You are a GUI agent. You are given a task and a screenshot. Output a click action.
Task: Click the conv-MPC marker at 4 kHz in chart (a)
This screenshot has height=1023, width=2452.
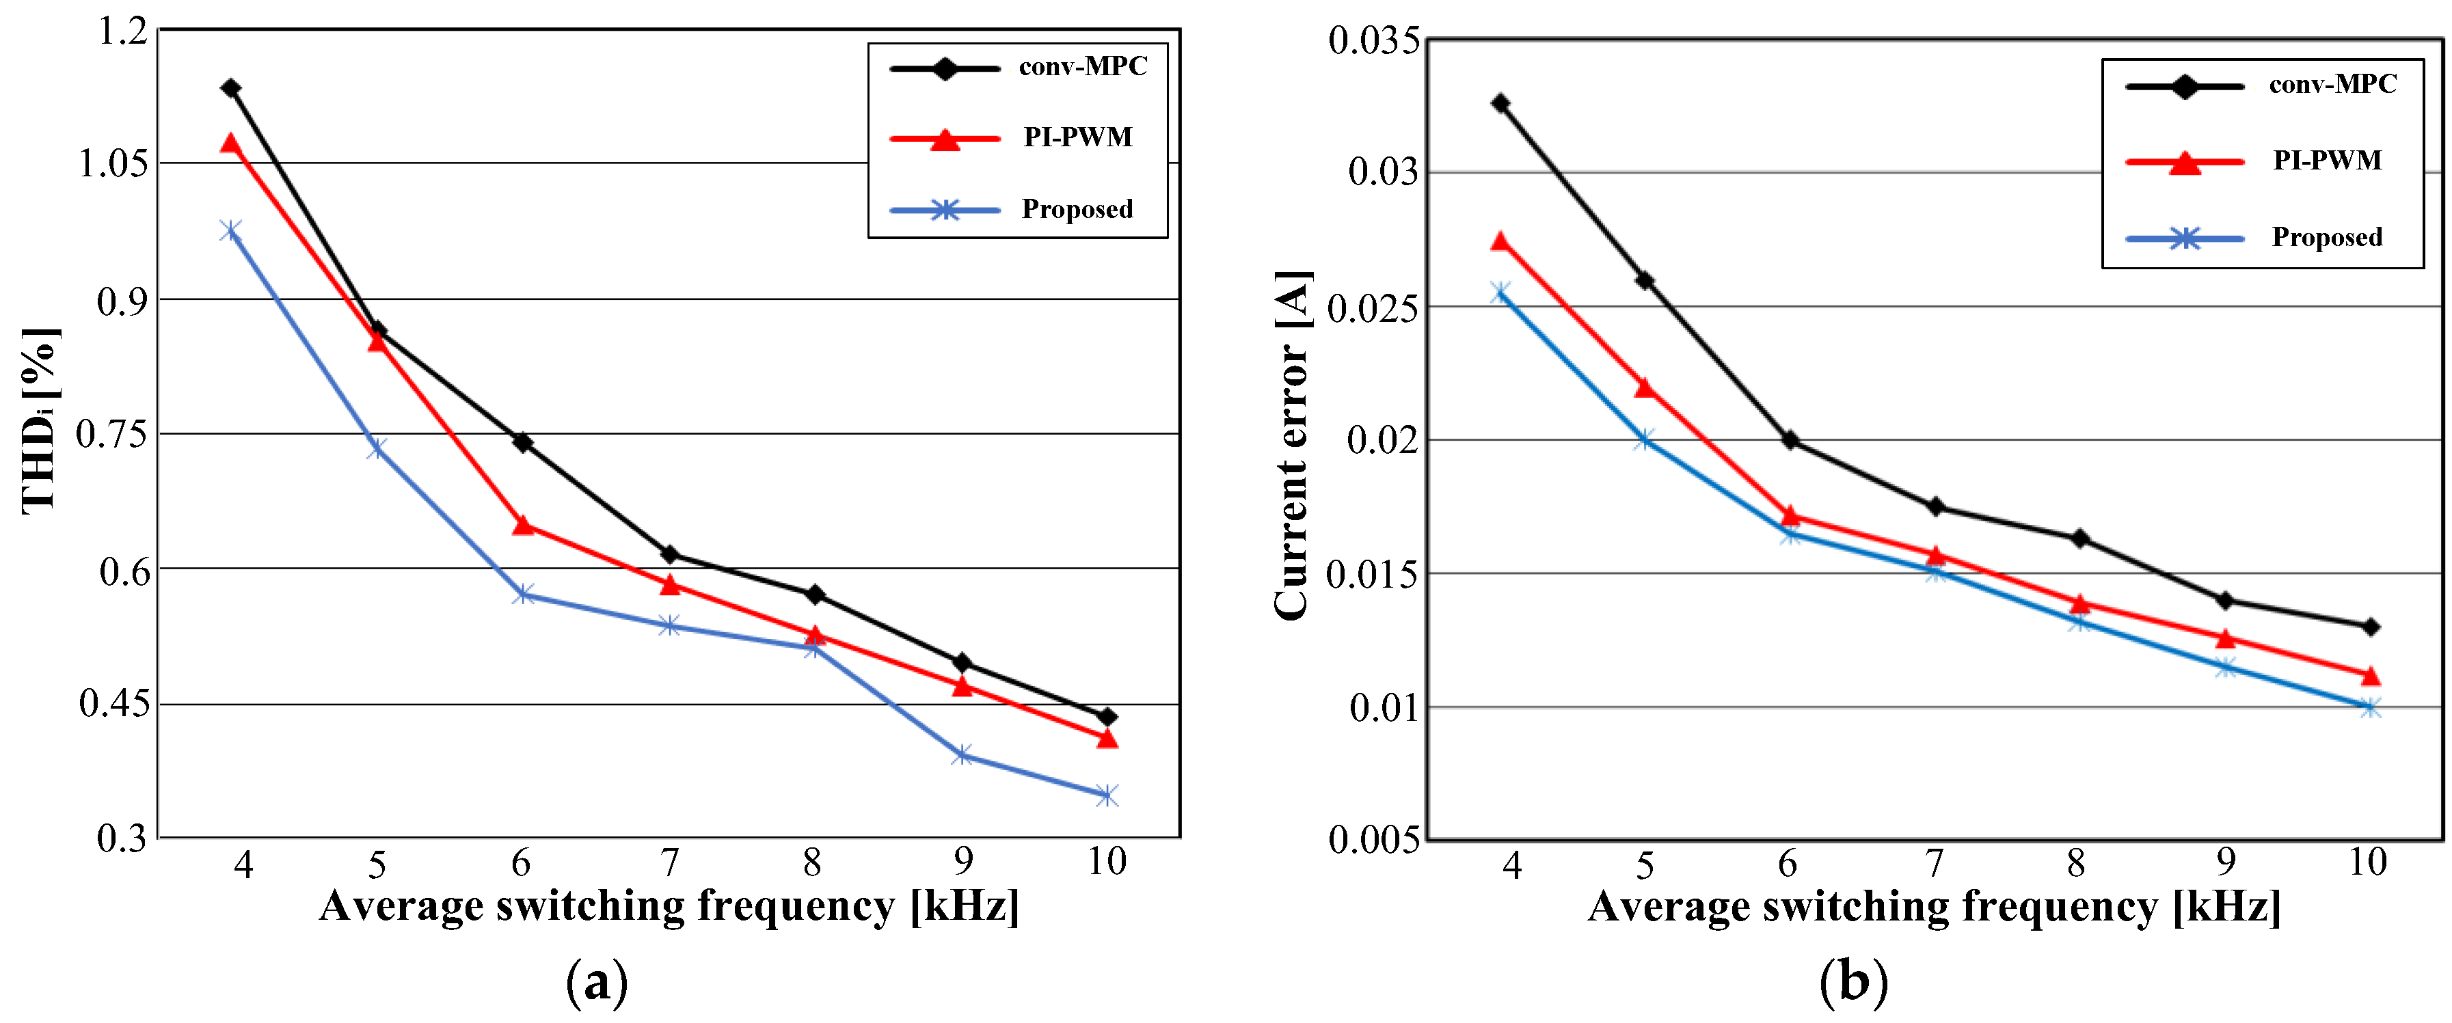(230, 89)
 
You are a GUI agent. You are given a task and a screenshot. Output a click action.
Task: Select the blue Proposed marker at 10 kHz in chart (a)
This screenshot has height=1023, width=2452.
(1106, 795)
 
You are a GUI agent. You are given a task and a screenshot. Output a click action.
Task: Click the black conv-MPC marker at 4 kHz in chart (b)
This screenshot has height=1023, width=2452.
(1501, 103)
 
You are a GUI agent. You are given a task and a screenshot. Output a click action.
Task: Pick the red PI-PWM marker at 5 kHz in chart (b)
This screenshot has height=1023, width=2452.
(1645, 388)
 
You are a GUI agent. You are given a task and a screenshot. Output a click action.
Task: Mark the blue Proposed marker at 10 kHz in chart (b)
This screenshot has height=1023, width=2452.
(2370, 707)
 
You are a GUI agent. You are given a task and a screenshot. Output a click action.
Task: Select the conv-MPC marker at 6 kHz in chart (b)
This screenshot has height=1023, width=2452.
(1790, 439)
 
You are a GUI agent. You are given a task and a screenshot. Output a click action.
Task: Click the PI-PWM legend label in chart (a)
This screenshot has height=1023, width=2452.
(1077, 137)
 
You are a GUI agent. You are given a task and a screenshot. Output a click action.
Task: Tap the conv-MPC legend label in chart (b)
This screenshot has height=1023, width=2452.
(2332, 85)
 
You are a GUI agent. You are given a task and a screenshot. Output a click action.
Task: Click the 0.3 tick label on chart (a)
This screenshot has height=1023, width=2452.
(123, 837)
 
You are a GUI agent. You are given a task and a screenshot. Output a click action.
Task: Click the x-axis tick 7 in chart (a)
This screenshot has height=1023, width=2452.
(670, 863)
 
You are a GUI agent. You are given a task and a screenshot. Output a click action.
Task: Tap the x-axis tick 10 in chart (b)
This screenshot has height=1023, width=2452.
(2367, 862)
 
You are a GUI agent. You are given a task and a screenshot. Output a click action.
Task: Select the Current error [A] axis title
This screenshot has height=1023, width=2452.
(1293, 446)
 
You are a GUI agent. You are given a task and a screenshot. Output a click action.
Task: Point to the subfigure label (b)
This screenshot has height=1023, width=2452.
(1853, 981)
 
